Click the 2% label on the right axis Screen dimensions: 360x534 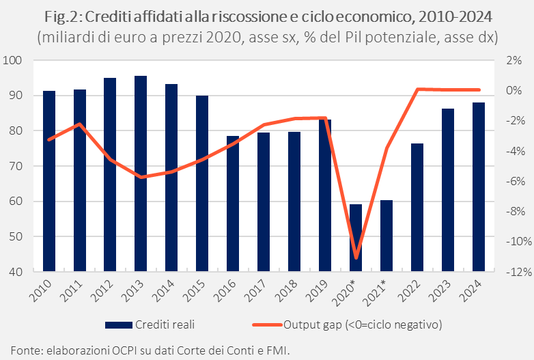pos(514,60)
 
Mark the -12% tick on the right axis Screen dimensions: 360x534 pos(511,272)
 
